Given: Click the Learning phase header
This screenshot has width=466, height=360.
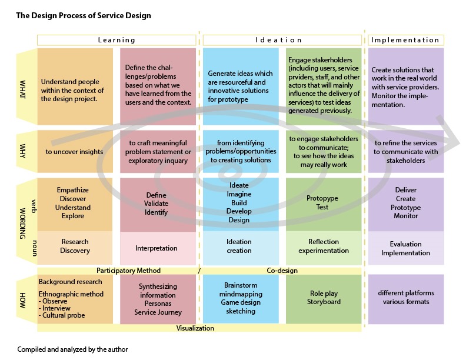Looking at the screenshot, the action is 116,40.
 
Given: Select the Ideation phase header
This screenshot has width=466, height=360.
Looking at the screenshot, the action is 279,40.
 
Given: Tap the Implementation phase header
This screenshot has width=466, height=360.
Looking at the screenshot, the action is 405,40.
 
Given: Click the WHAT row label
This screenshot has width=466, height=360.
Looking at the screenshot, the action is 22,89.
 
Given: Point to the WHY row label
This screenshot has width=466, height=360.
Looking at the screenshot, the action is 22,151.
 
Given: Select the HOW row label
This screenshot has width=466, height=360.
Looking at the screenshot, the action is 22,301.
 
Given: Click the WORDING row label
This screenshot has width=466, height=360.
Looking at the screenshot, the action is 22,224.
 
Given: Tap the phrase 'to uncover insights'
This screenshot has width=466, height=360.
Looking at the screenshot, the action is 74,152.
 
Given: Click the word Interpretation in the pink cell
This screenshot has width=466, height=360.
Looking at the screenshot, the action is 157,248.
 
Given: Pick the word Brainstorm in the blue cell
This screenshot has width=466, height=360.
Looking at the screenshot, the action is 241,285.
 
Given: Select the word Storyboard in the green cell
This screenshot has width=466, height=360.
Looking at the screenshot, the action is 324,302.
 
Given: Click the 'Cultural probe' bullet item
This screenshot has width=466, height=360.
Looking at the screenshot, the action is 62,315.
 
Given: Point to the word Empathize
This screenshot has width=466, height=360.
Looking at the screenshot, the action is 73,190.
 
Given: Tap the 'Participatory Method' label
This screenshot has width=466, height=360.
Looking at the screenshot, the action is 128,271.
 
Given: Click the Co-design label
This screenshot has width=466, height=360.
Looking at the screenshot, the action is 282,271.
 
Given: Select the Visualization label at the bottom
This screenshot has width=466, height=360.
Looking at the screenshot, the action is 195,328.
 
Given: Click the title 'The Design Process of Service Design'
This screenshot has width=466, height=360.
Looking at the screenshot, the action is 84,15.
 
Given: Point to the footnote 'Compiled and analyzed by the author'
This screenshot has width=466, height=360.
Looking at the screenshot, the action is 72,349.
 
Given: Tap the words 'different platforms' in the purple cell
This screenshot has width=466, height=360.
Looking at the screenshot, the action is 406,293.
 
